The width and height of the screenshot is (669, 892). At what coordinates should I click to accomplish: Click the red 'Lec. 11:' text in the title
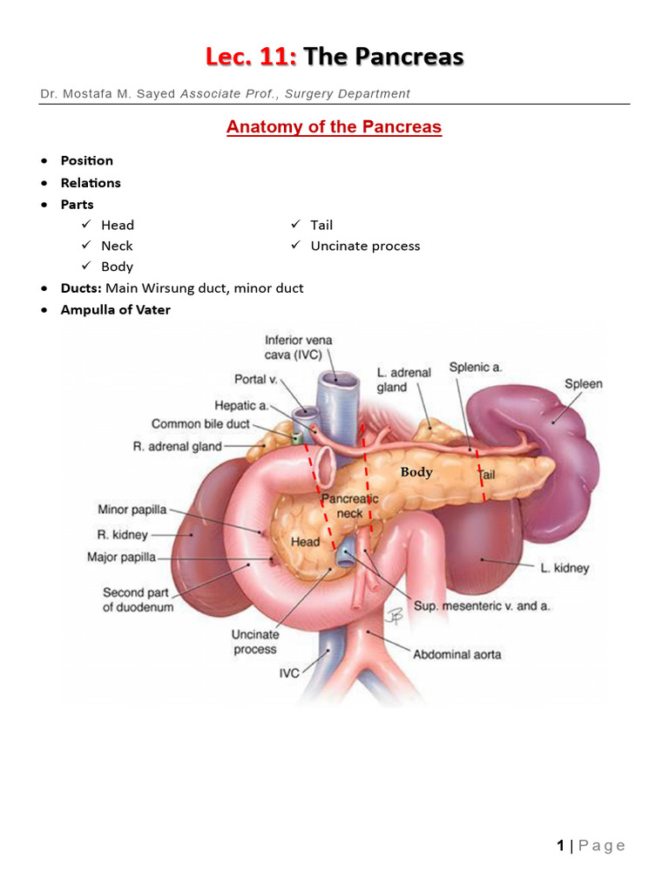[x=251, y=57]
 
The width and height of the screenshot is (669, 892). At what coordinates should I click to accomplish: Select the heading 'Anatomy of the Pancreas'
[x=334, y=127]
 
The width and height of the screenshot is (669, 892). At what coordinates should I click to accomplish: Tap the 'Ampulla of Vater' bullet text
[x=115, y=309]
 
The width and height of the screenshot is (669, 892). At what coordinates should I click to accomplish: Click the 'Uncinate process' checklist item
[x=365, y=246]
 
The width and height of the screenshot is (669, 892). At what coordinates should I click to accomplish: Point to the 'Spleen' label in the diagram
[x=583, y=383]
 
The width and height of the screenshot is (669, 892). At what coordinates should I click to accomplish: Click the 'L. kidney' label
[x=564, y=568]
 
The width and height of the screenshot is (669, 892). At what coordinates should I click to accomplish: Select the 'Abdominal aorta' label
[x=456, y=653]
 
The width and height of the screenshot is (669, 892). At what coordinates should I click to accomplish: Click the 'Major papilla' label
[x=122, y=557]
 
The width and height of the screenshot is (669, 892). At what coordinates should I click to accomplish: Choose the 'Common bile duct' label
[x=200, y=424]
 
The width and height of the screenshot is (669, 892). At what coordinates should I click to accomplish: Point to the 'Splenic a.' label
[x=476, y=368]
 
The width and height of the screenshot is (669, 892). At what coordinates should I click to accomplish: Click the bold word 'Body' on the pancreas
[x=416, y=472]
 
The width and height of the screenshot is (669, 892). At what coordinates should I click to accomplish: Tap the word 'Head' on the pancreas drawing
[x=305, y=542]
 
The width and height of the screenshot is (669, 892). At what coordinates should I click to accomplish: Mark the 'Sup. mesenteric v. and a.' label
[x=482, y=605]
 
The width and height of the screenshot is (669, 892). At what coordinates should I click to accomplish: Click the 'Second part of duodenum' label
[x=138, y=600]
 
